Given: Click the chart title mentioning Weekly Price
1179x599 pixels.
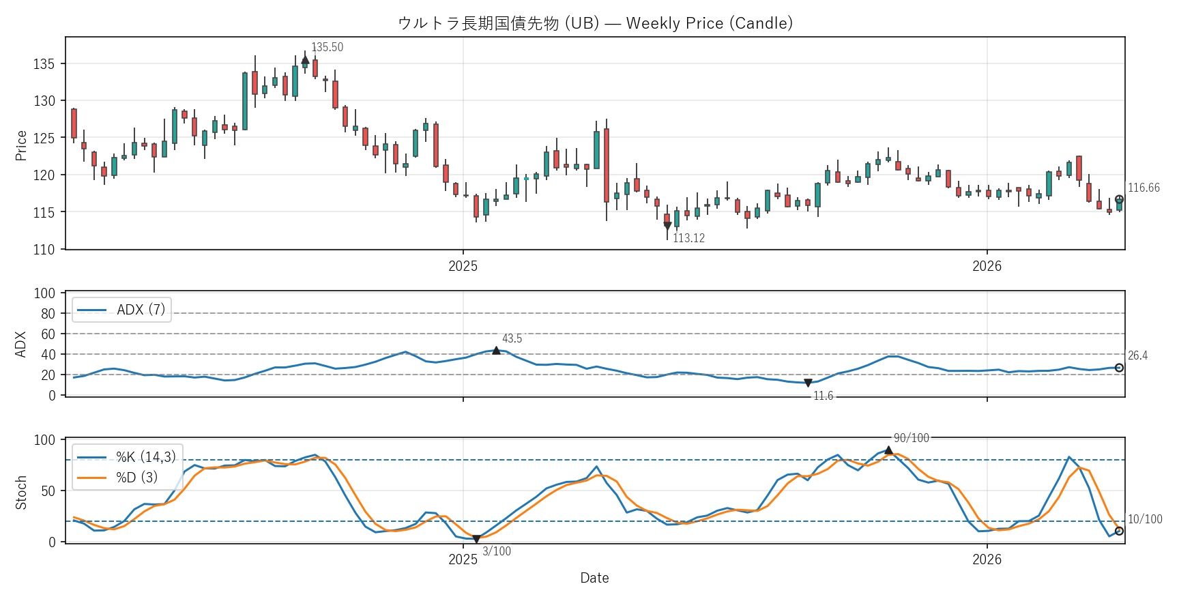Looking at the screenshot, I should click(x=595, y=23).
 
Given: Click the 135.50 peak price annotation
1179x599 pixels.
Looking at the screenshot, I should click(x=327, y=47).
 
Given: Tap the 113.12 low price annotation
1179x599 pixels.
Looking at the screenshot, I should click(x=688, y=238).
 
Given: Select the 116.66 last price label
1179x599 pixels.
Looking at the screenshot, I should click(x=1144, y=188).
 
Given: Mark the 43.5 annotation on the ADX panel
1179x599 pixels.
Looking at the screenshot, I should click(x=512, y=338).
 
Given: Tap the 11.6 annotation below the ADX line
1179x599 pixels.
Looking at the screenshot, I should click(x=823, y=396).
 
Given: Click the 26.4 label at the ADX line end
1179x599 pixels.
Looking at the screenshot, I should click(x=1137, y=355).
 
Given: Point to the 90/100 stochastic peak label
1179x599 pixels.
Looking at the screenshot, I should click(x=911, y=438).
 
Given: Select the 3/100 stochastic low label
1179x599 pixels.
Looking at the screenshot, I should click(x=497, y=551).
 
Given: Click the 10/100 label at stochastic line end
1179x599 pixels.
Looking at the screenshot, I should click(x=1145, y=519).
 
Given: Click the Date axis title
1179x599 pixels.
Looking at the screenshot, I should click(x=594, y=578).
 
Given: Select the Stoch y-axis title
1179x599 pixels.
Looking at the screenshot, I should click(x=21, y=492).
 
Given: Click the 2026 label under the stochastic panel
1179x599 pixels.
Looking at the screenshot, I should click(x=987, y=559).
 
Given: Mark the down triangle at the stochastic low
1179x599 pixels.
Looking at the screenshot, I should click(x=476, y=539).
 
